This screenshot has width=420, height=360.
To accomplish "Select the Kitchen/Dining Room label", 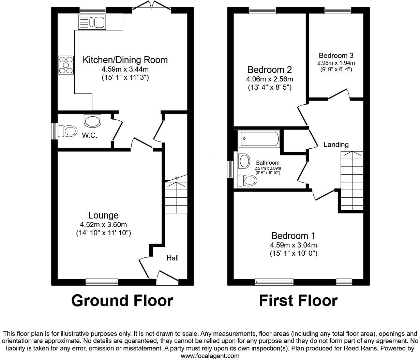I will (x=125, y=60).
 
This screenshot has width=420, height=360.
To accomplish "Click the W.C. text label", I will (x=89, y=135).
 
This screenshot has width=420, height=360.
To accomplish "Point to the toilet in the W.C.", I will (x=67, y=131).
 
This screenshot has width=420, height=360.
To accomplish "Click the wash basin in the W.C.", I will (x=92, y=120).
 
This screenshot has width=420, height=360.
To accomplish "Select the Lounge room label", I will (x=103, y=215).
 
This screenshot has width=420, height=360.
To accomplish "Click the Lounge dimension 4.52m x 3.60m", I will (x=103, y=225).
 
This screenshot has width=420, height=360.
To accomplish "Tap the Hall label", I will (x=172, y=258).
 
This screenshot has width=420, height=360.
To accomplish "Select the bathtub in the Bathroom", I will (x=259, y=138).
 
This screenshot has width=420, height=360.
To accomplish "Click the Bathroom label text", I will (x=268, y=163).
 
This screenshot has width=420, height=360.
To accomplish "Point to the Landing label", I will (x=336, y=145).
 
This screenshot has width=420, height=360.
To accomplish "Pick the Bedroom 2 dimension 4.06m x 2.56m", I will (x=269, y=79).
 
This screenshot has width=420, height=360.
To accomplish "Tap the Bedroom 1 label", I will (x=293, y=236).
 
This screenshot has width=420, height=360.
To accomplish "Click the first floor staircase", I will (x=352, y=181).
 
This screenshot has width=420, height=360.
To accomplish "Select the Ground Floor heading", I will (x=122, y=301).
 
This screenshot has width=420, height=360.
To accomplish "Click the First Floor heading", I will (x=298, y=301).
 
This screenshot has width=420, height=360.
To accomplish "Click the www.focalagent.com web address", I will (x=210, y=356).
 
